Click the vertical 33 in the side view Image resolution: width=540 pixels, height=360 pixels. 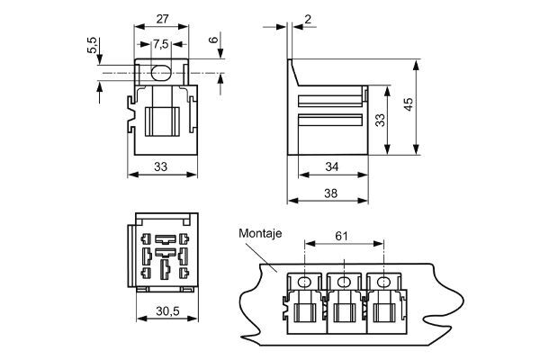point(381,119)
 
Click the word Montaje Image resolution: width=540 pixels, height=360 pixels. point(261,233)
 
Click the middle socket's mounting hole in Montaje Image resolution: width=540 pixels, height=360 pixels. point(344,283)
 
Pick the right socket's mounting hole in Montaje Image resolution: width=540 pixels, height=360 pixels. point(384,283)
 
